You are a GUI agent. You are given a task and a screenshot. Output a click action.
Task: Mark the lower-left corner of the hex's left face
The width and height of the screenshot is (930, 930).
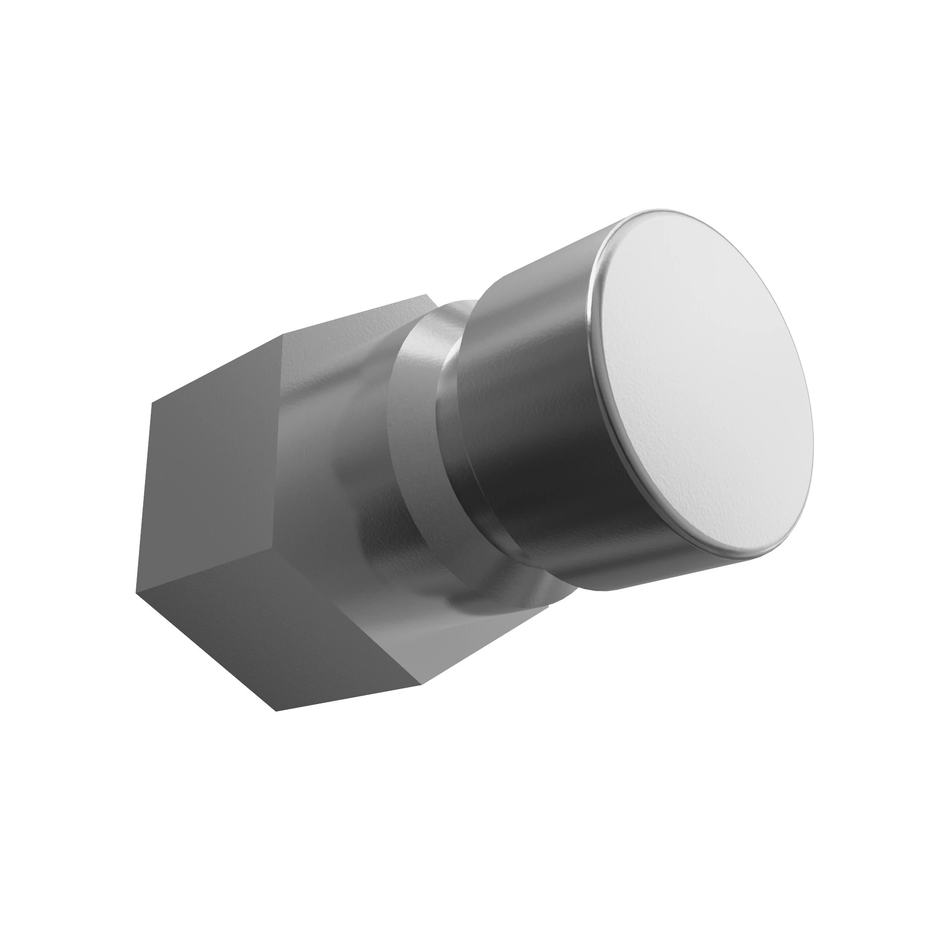[137, 593]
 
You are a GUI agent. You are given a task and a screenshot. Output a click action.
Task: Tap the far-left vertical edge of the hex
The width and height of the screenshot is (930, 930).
[145, 496]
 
